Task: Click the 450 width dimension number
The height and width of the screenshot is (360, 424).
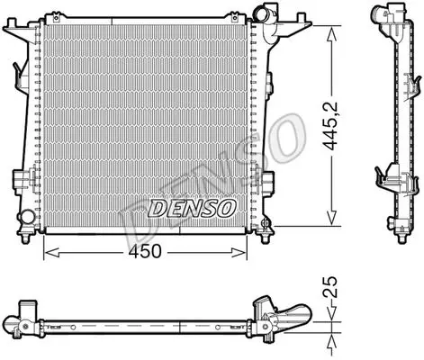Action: (x=145, y=251)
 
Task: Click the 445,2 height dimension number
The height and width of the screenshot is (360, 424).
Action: (x=330, y=126)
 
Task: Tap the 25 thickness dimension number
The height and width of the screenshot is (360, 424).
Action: (x=330, y=287)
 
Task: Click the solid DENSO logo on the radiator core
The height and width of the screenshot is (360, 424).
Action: (x=192, y=209)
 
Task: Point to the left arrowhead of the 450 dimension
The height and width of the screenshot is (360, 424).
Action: (x=51, y=253)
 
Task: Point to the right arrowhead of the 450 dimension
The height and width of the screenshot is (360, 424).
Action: (x=239, y=253)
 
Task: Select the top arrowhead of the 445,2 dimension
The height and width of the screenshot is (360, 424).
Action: (x=331, y=33)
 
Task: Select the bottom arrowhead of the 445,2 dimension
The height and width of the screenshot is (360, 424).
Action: (x=331, y=217)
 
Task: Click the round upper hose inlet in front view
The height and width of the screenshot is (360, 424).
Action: (x=259, y=13)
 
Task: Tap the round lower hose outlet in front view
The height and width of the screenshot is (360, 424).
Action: (x=25, y=217)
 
